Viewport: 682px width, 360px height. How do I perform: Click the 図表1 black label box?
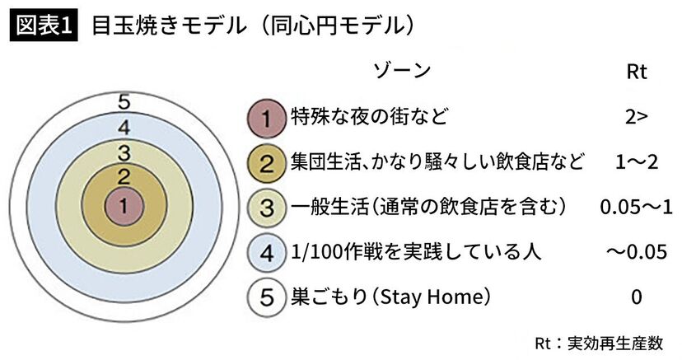click(x=44, y=26)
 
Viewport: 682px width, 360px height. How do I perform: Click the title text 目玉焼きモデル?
click(x=169, y=26)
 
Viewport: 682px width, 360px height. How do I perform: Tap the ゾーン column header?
click(x=402, y=71)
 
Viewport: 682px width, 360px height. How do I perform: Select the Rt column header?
click(x=637, y=72)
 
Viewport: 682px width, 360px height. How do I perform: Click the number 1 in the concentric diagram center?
click(x=124, y=205)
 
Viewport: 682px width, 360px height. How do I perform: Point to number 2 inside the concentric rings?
click(x=124, y=177)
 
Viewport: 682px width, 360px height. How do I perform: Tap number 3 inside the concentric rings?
click(x=124, y=152)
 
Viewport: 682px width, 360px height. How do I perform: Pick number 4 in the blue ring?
click(x=124, y=128)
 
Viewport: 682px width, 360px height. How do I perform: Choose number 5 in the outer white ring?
click(x=124, y=103)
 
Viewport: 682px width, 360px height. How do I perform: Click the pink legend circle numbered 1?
click(x=266, y=119)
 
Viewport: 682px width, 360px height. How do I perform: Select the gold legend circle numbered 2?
click(x=266, y=163)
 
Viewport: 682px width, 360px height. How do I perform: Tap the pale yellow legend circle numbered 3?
click(x=266, y=208)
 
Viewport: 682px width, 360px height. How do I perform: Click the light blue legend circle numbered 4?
click(x=266, y=253)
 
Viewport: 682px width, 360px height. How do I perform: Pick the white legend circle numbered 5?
click(x=266, y=297)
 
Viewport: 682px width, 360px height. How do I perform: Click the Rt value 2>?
click(x=637, y=117)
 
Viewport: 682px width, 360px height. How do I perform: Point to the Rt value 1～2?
click(x=637, y=162)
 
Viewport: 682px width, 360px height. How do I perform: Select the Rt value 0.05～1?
click(x=637, y=208)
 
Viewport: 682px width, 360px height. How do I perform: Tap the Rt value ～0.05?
click(x=637, y=252)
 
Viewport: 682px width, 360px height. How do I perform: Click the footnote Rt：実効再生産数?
click(x=599, y=343)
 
